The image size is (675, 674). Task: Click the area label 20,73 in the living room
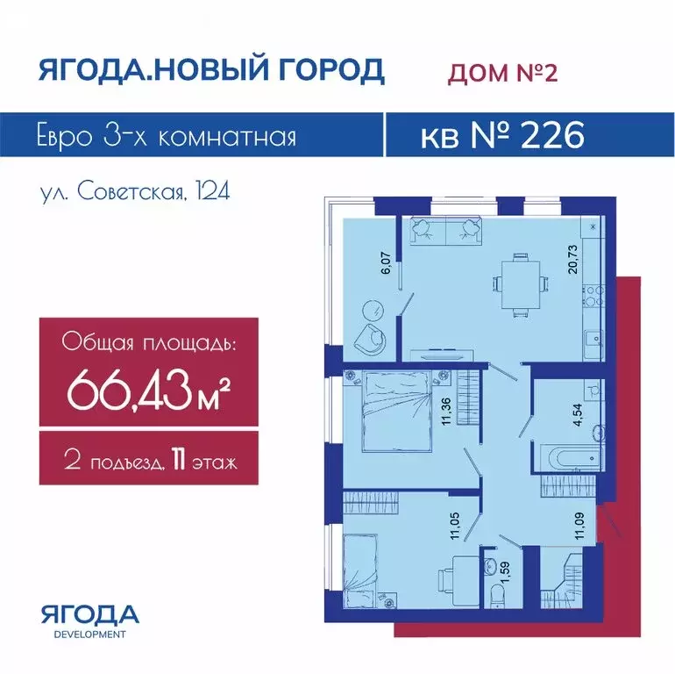click(x=572, y=260)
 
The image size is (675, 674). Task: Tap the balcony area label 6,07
click(x=387, y=263)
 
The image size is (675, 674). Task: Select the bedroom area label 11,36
click(x=446, y=411)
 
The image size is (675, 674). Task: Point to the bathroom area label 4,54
click(x=579, y=414)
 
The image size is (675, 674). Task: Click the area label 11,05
click(x=456, y=526)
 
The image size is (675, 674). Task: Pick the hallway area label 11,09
click(x=580, y=526)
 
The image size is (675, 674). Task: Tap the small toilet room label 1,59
click(x=506, y=572)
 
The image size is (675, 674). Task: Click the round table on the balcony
click(x=373, y=310)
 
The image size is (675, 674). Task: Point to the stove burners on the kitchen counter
click(x=593, y=295)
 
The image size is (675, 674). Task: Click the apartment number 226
click(x=552, y=135)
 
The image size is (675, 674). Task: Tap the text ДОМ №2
click(x=502, y=72)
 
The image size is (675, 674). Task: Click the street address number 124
click(x=212, y=191)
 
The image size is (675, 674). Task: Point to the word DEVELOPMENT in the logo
click(x=90, y=635)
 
